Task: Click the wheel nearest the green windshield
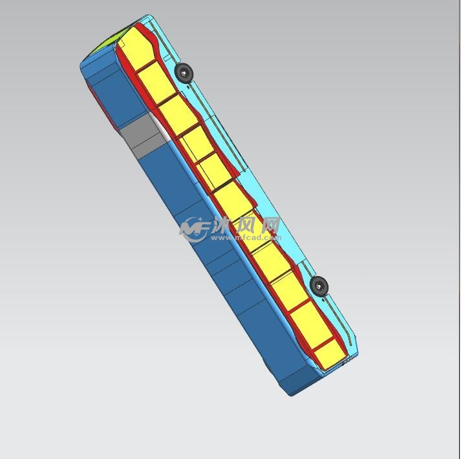point(184,72)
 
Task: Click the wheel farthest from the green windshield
point(319,285)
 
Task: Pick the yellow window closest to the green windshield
point(137,49)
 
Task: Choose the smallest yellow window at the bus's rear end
point(329,355)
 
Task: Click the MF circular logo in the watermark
point(194,229)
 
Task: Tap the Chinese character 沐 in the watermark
point(224,226)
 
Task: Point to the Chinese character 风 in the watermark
point(246,226)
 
